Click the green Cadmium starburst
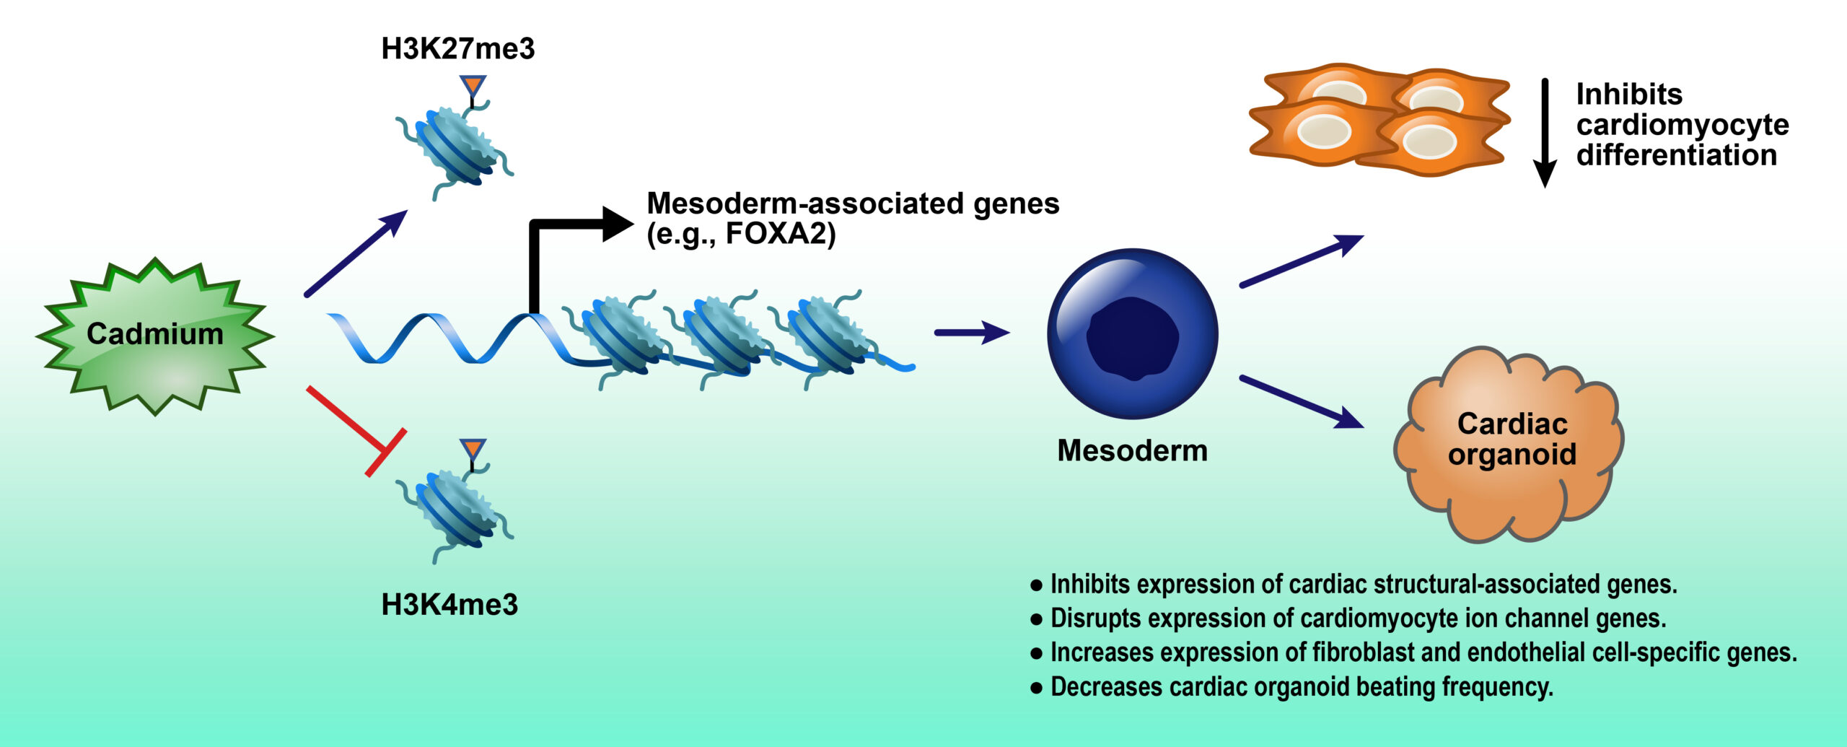(x=155, y=336)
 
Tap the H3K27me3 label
(x=458, y=49)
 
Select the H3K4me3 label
(x=449, y=605)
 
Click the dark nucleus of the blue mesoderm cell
(x=1132, y=338)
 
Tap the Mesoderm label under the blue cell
(x=1132, y=451)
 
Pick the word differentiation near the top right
(x=1676, y=156)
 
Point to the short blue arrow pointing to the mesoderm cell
(x=971, y=333)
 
